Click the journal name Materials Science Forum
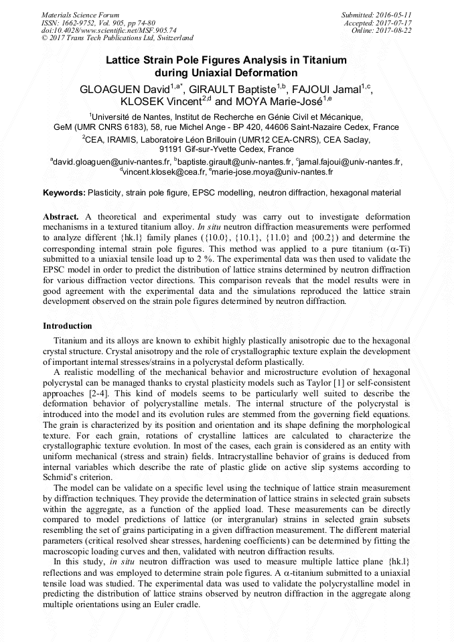(80, 15)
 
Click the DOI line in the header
(109, 31)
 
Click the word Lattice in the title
(125, 60)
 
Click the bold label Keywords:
(64, 193)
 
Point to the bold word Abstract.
(61, 218)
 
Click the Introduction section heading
(68, 326)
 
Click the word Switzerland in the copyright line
(169, 39)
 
